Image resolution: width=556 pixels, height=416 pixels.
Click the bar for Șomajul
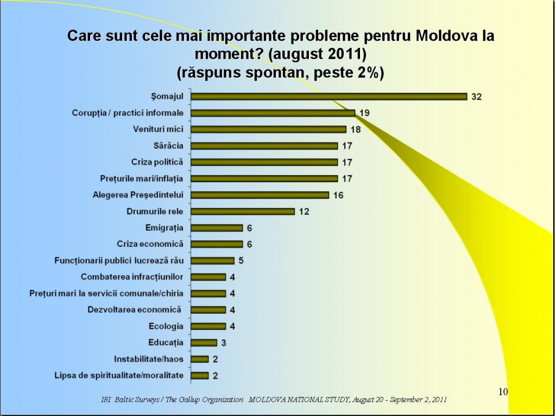tap(328, 97)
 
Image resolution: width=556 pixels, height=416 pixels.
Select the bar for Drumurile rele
tap(243, 211)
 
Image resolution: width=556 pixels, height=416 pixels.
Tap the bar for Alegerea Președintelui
tap(260, 195)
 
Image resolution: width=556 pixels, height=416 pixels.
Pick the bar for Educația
tap(204, 343)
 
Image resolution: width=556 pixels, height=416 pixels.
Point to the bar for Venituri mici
tap(268, 129)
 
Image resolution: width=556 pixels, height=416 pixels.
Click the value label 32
tap(476, 97)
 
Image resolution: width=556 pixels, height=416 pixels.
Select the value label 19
tap(364, 113)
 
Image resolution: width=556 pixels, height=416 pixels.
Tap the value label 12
tap(304, 211)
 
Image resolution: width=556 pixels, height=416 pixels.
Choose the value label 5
tap(241, 260)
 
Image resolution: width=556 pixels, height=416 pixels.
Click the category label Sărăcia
tap(168, 146)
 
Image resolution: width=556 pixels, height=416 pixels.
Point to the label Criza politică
tap(157, 162)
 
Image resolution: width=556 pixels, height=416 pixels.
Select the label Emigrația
tap(165, 227)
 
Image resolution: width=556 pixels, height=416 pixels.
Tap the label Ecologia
tap(166, 326)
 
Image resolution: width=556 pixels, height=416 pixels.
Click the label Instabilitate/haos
tap(149, 359)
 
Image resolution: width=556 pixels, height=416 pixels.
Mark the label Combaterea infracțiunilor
tap(132, 277)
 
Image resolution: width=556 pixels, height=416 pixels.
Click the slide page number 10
tap(502, 392)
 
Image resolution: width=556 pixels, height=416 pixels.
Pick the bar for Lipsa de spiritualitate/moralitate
tap(200, 375)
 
